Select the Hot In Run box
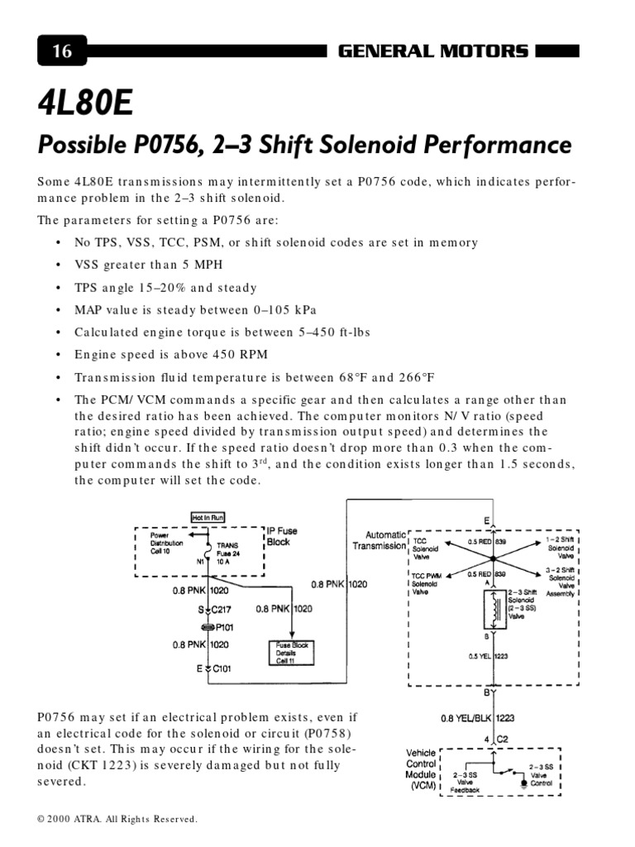pyautogui.click(x=208, y=518)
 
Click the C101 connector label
pyautogui.click(x=219, y=668)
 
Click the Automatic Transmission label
pyautogui.click(x=379, y=540)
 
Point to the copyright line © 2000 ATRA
pyautogui.click(x=117, y=819)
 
